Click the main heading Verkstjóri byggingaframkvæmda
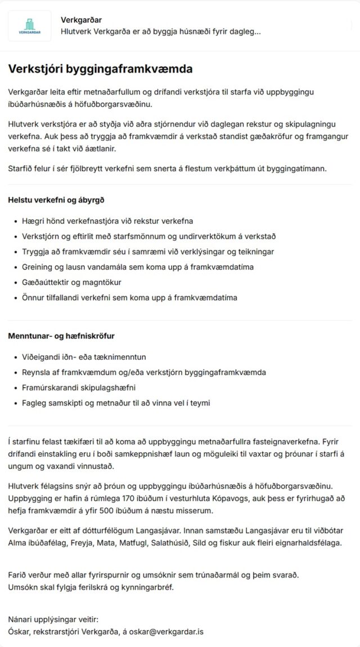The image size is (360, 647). pos(100,69)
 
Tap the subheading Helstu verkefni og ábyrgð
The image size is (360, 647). pos(56,200)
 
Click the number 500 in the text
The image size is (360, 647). pos(137,510)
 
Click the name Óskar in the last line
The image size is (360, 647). pos(19,632)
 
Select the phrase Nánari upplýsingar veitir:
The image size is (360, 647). pos(53,619)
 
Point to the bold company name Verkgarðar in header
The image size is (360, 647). pos(81,20)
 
